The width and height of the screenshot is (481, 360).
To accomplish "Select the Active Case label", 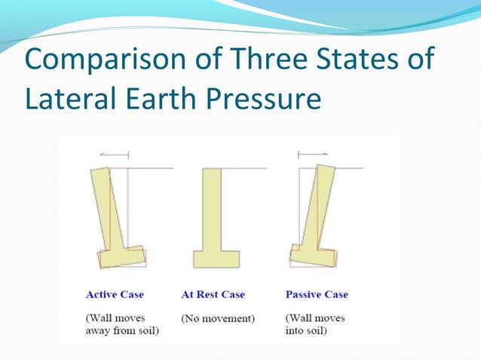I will point(115,294).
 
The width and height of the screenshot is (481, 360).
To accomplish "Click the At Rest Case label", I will point(213,294).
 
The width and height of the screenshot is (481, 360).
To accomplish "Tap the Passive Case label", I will point(317,294).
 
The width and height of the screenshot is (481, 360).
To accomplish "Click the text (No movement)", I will point(218,319).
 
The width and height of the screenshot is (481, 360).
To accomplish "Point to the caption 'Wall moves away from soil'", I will point(121,325).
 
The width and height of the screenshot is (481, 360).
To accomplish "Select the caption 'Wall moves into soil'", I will point(315,325).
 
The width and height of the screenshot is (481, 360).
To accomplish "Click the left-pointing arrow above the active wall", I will point(114,154).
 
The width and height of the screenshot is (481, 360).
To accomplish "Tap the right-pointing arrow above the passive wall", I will point(312,154).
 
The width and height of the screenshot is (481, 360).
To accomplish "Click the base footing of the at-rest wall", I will point(216,259).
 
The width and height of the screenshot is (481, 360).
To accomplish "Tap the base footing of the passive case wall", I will point(312,257).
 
